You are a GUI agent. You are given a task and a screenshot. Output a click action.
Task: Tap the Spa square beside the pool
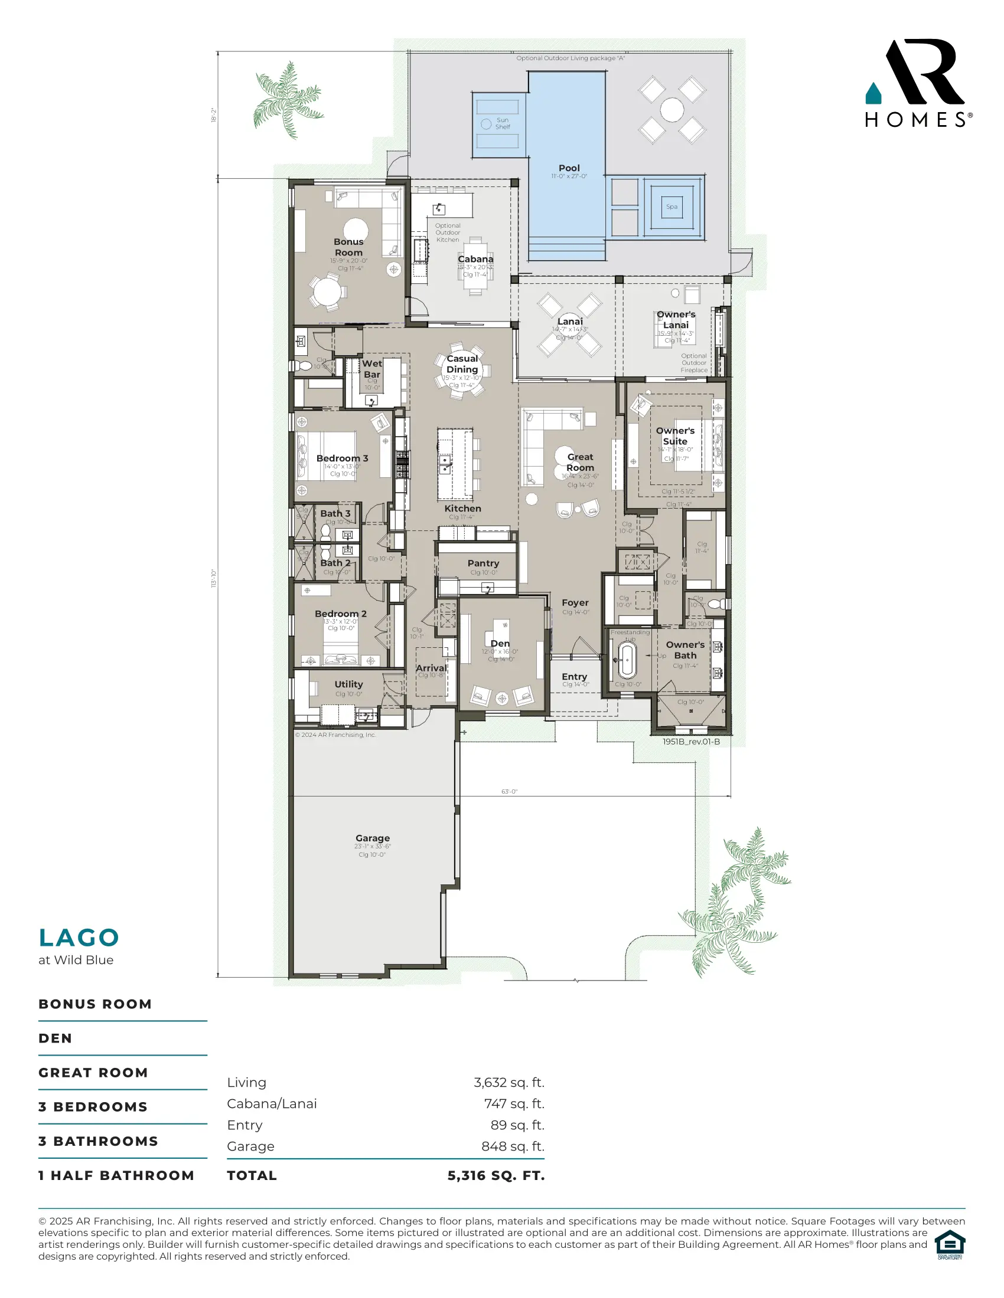click(x=671, y=207)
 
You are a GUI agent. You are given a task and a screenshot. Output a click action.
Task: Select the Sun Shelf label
click(x=503, y=123)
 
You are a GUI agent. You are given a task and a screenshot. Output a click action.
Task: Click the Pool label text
click(x=569, y=168)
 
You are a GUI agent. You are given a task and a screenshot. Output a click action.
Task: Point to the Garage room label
click(x=372, y=838)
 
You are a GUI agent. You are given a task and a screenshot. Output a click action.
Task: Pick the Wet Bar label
click(x=371, y=369)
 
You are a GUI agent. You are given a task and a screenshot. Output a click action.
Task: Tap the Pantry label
click(x=483, y=563)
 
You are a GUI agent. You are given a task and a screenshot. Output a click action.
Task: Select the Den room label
click(x=500, y=643)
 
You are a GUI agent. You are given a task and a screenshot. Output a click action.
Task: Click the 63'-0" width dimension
click(x=509, y=792)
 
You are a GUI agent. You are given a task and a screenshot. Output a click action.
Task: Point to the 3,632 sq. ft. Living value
click(x=508, y=1082)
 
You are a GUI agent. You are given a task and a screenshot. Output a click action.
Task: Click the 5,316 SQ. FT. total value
click(x=496, y=1175)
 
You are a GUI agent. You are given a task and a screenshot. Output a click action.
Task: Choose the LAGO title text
click(x=79, y=938)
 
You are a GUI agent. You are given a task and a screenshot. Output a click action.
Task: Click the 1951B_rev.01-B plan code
click(x=691, y=742)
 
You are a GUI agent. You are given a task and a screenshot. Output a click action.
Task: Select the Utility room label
click(x=348, y=684)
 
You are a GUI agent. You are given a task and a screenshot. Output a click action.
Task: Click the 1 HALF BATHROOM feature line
click(x=116, y=1175)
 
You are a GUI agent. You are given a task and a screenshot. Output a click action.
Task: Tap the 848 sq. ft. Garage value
click(x=513, y=1146)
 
